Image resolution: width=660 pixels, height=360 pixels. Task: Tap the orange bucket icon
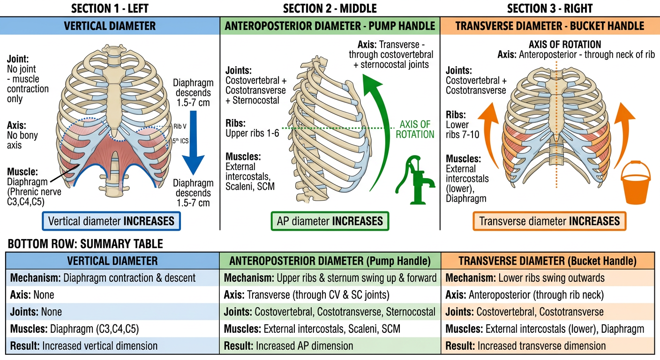pyautogui.click(x=636, y=183)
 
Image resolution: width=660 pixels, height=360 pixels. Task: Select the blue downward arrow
pyautogui.click(x=193, y=142)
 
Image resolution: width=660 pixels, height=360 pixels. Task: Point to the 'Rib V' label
pyautogui.click(x=180, y=127)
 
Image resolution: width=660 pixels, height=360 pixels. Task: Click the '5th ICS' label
pyautogui.click(x=180, y=141)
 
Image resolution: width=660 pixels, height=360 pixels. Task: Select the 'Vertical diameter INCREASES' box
pyautogui.click(x=112, y=221)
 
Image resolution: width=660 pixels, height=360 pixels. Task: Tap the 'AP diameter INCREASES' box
pyautogui.click(x=330, y=221)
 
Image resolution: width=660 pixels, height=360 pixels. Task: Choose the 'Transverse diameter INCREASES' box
pyautogui.click(x=549, y=221)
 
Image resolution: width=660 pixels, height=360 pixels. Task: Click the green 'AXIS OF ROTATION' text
pyautogui.click(x=415, y=129)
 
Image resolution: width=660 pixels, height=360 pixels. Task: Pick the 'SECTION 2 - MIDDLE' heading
pyautogui.click(x=330, y=8)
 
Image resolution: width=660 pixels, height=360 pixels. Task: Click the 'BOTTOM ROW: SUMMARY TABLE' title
pyautogui.click(x=85, y=244)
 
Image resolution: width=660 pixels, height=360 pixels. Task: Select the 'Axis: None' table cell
pyautogui.click(x=32, y=295)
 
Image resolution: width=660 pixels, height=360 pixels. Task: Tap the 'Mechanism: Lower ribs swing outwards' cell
pyautogui.click(x=525, y=278)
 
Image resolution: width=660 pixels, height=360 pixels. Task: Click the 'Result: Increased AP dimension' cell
pyautogui.click(x=288, y=346)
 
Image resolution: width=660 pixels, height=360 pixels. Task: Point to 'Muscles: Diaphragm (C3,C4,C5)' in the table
pyautogui.click(x=74, y=329)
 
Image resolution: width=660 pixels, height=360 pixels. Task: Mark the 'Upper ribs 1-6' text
pyautogui.click(x=252, y=133)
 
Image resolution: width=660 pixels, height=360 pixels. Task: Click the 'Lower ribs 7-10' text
pyautogui.click(x=462, y=130)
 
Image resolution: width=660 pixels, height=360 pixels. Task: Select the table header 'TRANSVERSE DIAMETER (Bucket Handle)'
pyautogui.click(x=547, y=261)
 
